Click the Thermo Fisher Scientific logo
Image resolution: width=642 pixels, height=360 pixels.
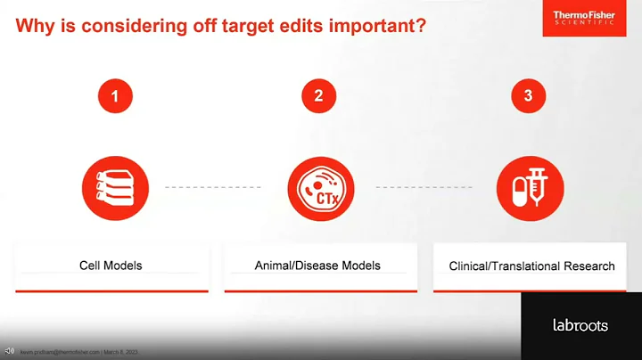pos(583,19)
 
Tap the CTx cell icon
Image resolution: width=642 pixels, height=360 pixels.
pos(318,187)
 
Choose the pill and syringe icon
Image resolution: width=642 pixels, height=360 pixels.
pos(528,187)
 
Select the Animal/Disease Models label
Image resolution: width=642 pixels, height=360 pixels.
pos(318,266)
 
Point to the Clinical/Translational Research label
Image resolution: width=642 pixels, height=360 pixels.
pos(532,266)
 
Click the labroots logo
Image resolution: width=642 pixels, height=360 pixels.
pos(580,325)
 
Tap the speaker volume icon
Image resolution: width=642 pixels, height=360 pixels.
pos(9,349)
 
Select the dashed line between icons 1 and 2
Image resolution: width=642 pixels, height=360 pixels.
pos(213,187)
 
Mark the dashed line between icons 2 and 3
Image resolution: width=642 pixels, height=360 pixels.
pos(424,187)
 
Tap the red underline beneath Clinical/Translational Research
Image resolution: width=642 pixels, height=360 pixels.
pos(532,290)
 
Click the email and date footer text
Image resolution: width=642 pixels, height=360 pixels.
pos(79,352)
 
